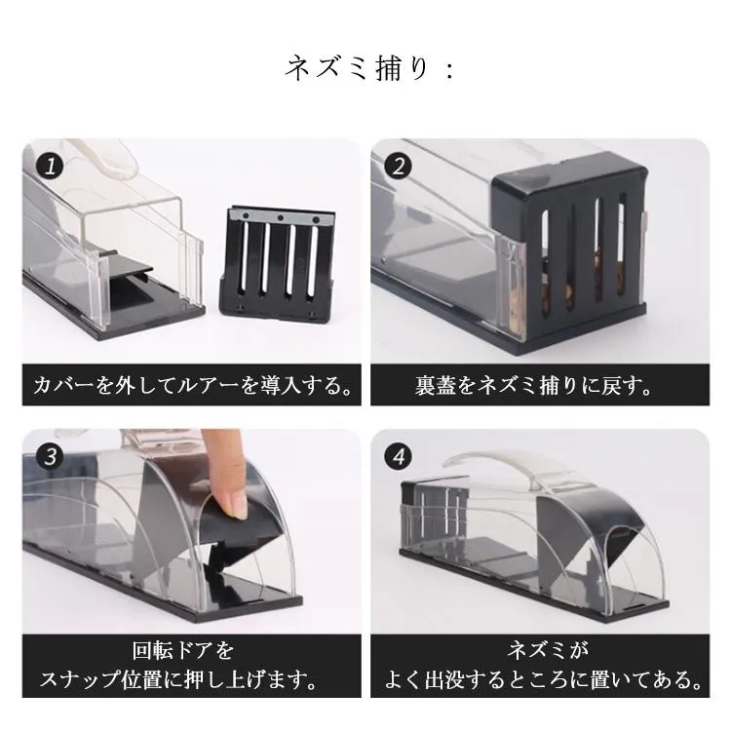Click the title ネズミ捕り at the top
coord(357,69)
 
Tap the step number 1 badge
coord(50,167)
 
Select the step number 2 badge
coord(398,167)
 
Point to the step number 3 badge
coord(50,456)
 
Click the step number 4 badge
coord(398,456)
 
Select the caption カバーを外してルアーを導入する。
coord(192,386)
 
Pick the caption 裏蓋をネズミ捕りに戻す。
coord(533,386)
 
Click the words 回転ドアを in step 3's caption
coord(183,650)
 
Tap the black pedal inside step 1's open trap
coord(132,268)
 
